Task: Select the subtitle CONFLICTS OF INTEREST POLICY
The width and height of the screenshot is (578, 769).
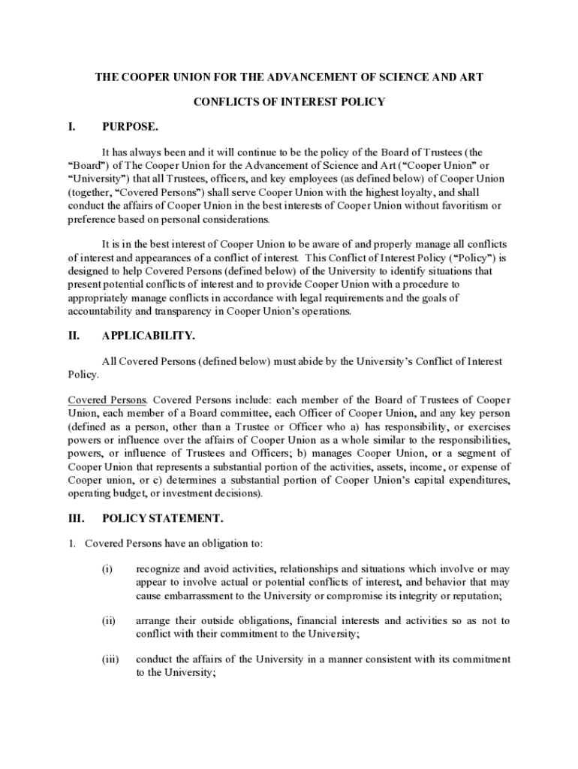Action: coord(289,101)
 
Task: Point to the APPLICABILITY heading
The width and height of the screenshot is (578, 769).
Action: coord(149,336)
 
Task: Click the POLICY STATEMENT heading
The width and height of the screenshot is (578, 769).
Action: coord(162,518)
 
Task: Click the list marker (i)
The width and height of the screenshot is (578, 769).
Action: coord(107,568)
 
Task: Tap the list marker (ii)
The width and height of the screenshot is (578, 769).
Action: coord(109,620)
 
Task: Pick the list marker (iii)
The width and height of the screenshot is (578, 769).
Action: coord(110,659)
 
